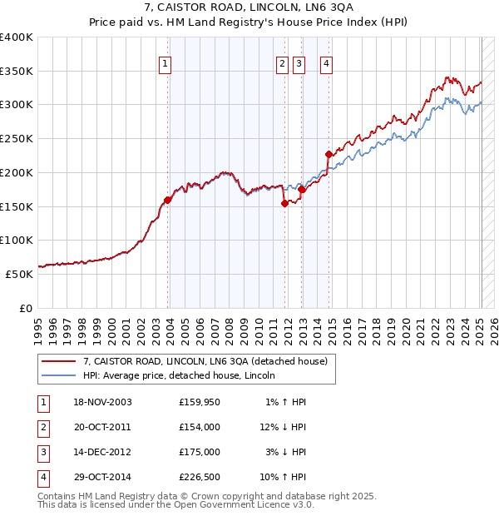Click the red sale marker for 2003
167,200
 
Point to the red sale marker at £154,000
284,203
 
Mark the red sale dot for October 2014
329,154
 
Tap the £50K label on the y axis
19,274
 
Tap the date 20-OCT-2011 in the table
101,427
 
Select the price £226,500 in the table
200,477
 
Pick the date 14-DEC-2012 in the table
101,452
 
